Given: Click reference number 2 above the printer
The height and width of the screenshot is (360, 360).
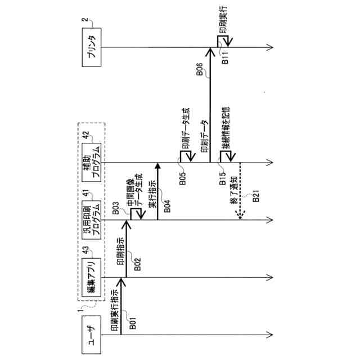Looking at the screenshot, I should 84,21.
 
